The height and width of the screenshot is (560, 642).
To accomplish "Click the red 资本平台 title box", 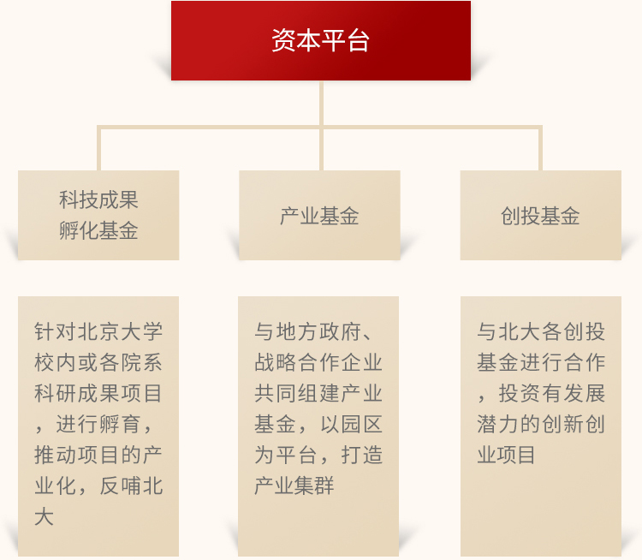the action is [x=321, y=40].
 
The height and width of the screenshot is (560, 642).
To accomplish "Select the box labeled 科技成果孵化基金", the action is [x=98, y=215].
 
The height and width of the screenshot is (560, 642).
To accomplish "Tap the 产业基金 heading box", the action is [x=319, y=215].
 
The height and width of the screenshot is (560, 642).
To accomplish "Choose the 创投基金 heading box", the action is [x=541, y=215].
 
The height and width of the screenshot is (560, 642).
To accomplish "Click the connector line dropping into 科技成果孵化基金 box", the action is [x=98, y=148].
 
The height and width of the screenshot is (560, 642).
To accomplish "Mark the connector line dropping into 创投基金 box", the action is [x=540, y=148].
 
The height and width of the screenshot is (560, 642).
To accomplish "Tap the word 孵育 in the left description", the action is [x=120, y=424].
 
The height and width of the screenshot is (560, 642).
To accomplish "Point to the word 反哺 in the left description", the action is [x=120, y=486].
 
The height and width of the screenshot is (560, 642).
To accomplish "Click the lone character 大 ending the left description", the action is [x=45, y=516].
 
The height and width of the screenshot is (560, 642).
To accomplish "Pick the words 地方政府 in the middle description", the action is [x=318, y=331].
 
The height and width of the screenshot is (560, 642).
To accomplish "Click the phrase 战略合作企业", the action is [x=318, y=362].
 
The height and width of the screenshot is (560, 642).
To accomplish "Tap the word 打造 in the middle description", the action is [x=361, y=455].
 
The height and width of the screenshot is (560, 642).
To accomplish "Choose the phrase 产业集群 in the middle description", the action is [x=294, y=486].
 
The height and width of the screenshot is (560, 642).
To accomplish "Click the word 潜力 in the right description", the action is [x=498, y=424].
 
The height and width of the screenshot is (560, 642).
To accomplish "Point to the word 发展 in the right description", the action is [x=584, y=393].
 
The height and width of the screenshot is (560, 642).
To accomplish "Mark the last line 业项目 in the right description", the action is [x=506, y=455].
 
